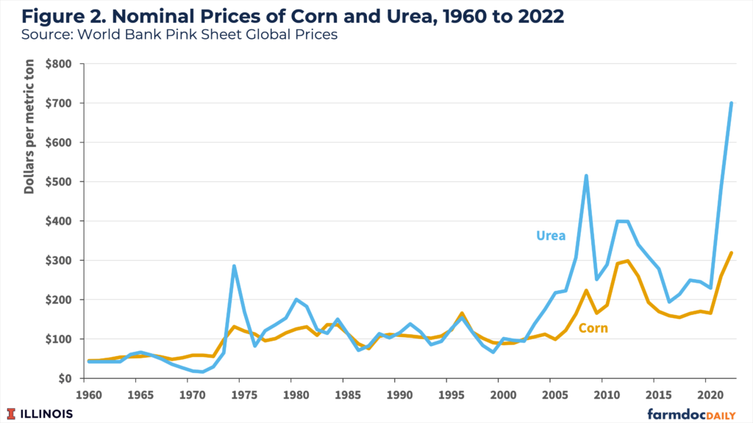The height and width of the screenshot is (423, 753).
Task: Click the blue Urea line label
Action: (551, 236)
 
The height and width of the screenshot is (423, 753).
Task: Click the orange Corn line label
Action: (593, 328)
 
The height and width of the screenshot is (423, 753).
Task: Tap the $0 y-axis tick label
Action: (65, 378)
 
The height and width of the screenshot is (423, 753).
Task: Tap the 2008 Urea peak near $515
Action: (586, 176)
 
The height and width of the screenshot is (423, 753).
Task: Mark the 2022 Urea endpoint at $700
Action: (731, 104)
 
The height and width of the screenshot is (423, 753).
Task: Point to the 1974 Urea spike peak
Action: (234, 266)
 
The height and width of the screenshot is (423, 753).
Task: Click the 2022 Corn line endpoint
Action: (731, 253)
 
